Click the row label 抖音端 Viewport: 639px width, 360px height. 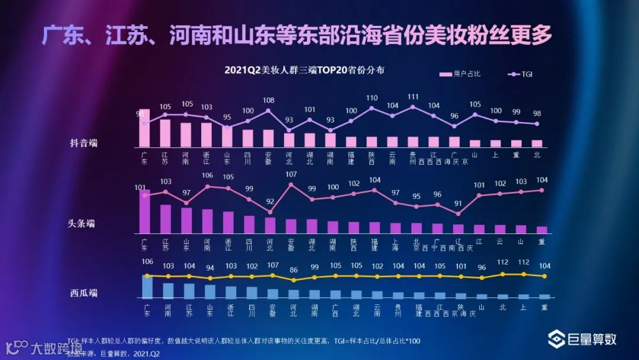click(x=83, y=143)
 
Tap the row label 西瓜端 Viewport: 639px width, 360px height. click(x=83, y=292)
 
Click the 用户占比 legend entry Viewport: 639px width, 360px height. click(x=460, y=74)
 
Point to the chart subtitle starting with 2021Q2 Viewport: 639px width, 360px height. click(x=304, y=70)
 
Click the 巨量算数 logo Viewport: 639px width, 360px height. click(x=582, y=339)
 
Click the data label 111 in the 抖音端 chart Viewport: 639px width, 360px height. click(x=413, y=97)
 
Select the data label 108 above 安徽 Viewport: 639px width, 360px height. click(x=268, y=100)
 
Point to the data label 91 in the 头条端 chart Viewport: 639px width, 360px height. click(x=458, y=203)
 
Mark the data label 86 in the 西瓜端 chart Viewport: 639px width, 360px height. click(x=293, y=269)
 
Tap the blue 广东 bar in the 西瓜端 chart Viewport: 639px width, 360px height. click(x=147, y=287)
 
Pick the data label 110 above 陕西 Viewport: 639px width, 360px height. click(x=372, y=98)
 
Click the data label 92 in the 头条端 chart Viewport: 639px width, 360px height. click(x=270, y=201)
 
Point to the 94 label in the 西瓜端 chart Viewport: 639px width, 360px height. click(x=210, y=268)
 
